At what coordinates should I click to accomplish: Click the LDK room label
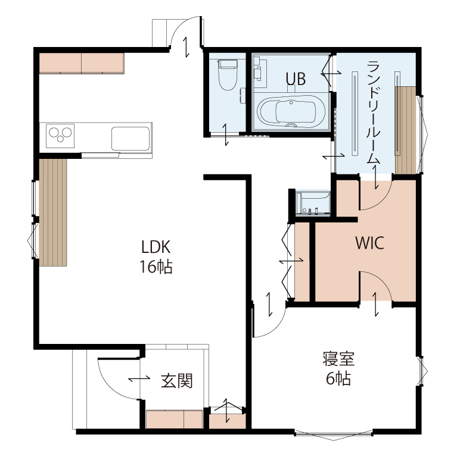(156, 247)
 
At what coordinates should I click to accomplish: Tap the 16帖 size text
(156, 267)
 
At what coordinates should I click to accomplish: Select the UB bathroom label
(296, 79)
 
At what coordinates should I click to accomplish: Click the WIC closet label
(369, 243)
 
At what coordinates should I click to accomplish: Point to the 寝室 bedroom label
(339, 359)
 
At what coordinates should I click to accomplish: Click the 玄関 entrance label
(176, 381)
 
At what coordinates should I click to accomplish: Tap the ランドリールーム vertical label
(374, 112)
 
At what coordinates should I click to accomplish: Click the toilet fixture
(227, 75)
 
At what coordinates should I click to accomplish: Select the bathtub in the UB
(291, 112)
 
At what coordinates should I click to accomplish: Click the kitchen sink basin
(130, 138)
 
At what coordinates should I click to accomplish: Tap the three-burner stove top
(60, 136)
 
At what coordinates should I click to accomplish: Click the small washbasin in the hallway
(313, 203)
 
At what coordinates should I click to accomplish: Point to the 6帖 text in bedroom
(338, 378)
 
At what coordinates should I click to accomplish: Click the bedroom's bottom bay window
(334, 435)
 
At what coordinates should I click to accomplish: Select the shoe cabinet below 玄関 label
(174, 419)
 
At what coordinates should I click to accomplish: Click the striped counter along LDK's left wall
(53, 212)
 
